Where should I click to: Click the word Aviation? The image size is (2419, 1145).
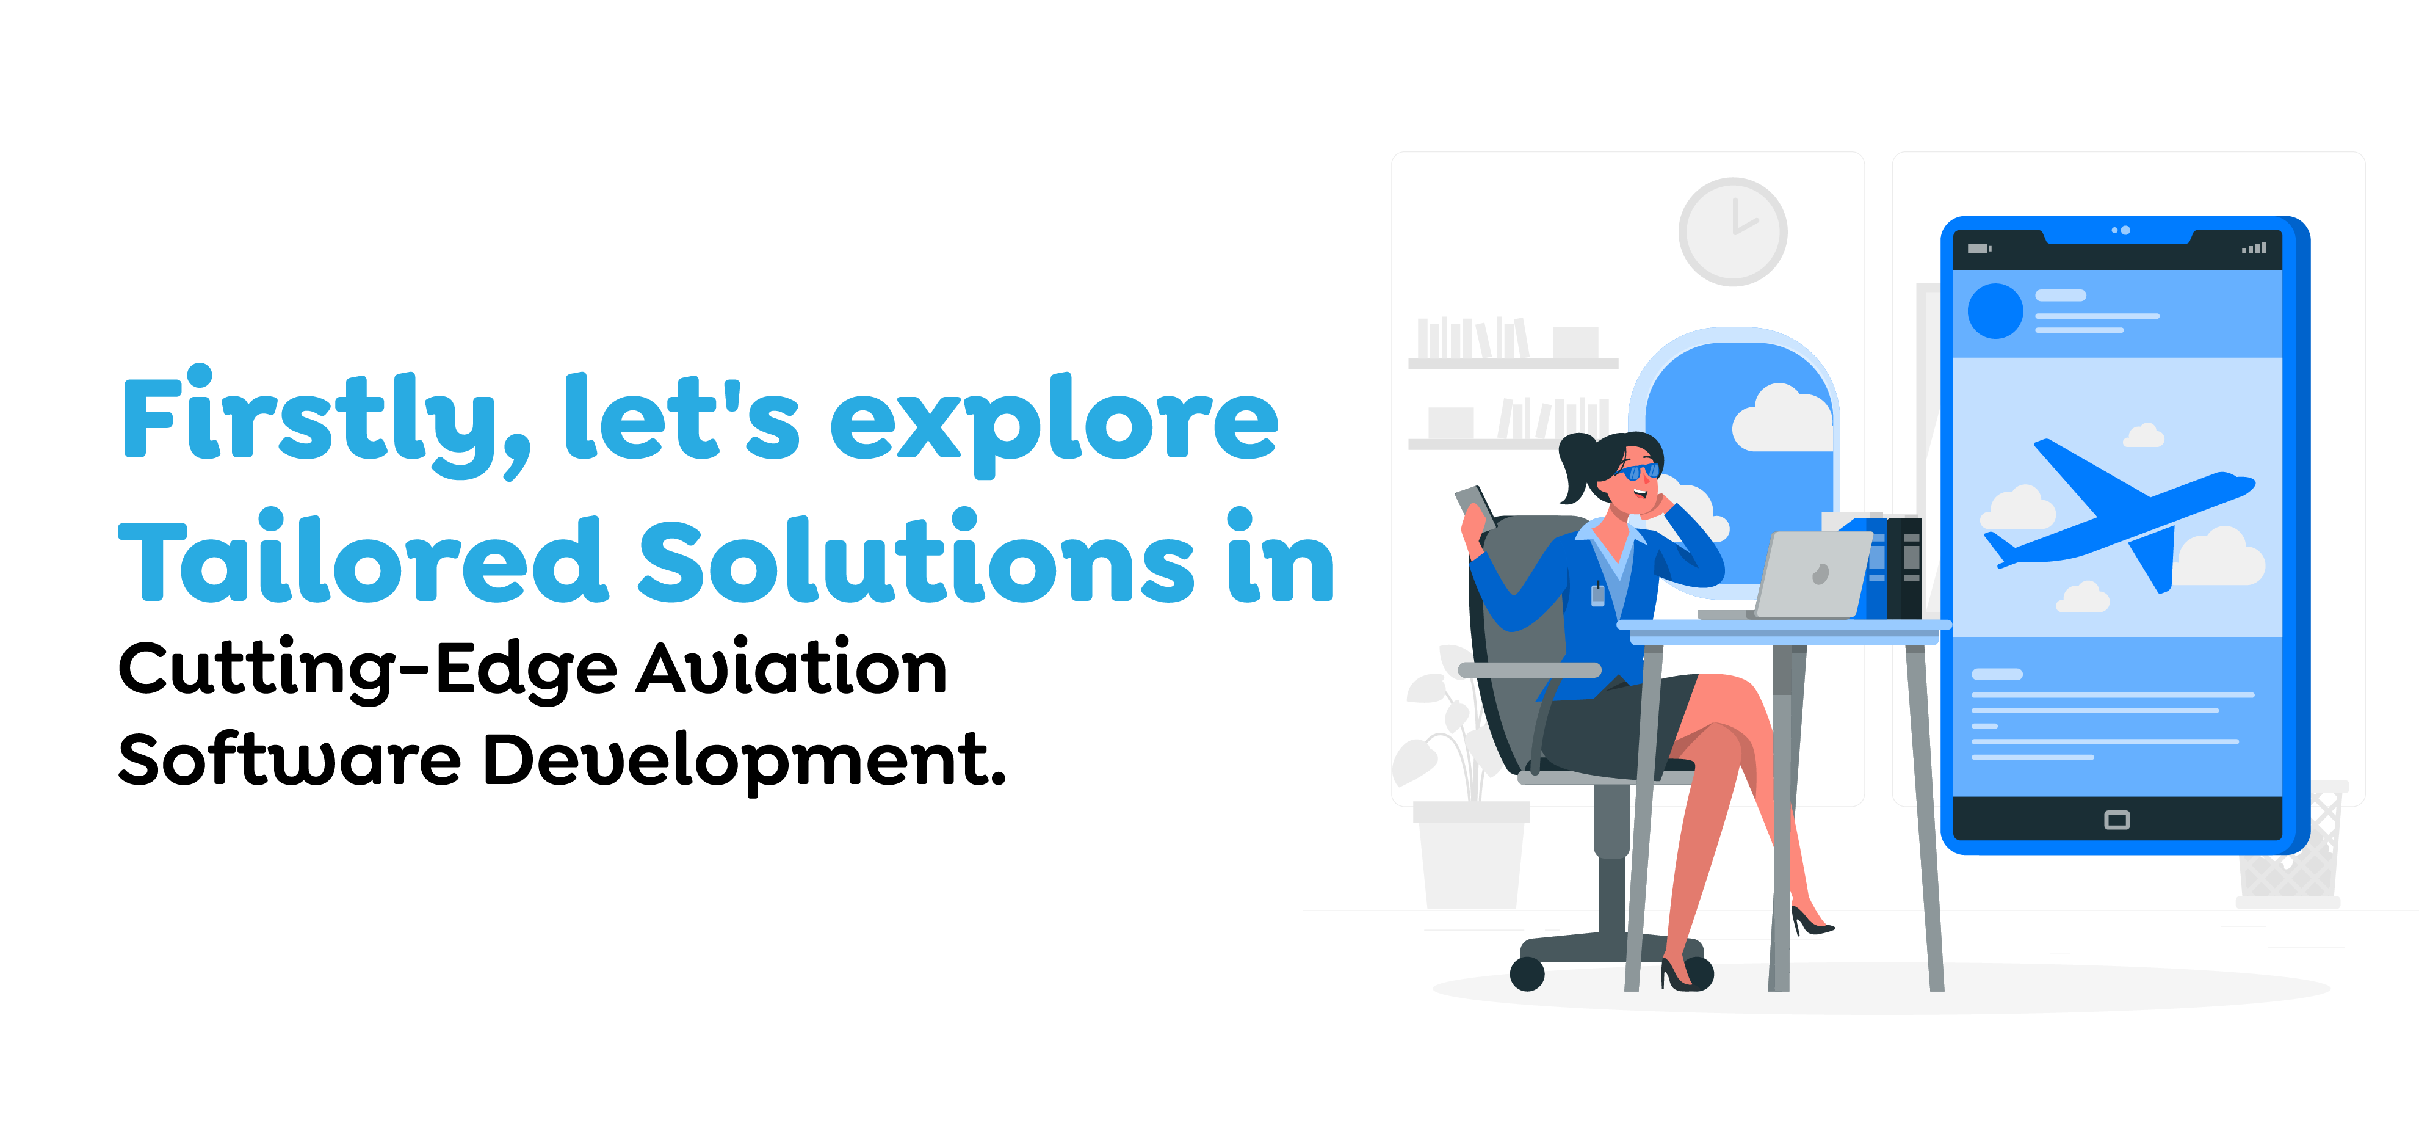tap(792, 668)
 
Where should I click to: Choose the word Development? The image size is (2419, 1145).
tap(743, 761)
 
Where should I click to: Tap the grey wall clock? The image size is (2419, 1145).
tap(1732, 231)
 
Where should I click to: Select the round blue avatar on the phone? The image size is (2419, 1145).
tap(1995, 311)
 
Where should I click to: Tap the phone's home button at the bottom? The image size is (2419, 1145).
tap(2117, 820)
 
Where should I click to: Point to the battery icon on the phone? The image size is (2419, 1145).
tap(1978, 249)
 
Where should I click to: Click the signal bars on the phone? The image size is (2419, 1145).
tap(2254, 249)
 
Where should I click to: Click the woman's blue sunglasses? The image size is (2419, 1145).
tap(1640, 471)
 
